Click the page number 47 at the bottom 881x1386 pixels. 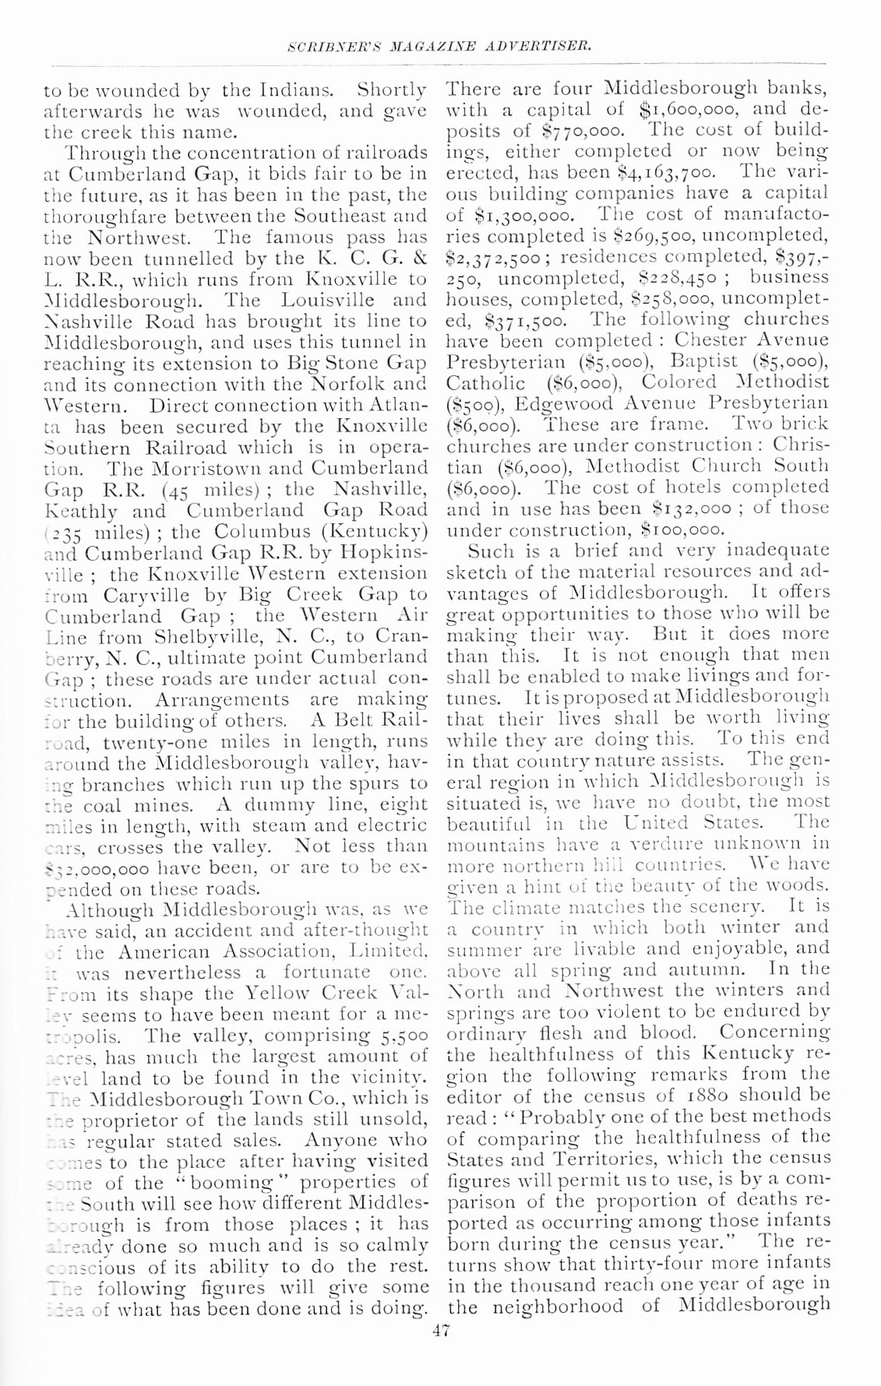click(442, 1331)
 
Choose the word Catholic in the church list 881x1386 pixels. click(485, 382)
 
